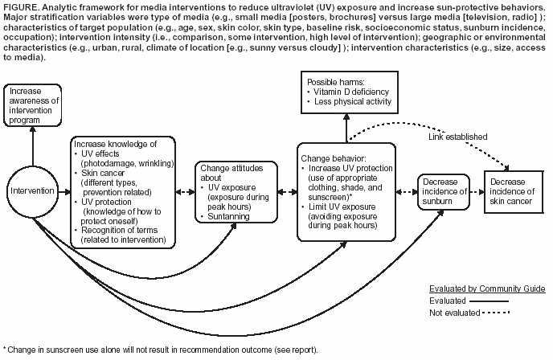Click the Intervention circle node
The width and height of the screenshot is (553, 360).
tap(33, 192)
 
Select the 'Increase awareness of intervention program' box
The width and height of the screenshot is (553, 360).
tap(32, 104)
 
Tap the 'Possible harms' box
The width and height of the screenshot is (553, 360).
tap(347, 91)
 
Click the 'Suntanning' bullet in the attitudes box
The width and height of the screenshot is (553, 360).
tap(231, 217)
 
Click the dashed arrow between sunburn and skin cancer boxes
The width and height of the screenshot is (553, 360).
tap(476, 192)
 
